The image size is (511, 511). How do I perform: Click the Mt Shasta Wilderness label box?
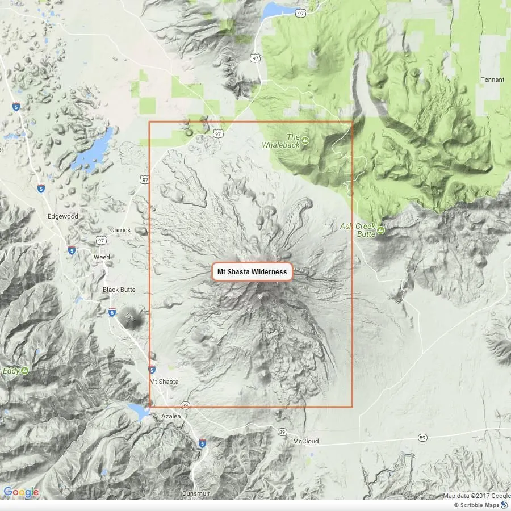tap(252, 272)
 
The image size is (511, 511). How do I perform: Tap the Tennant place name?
tap(492, 79)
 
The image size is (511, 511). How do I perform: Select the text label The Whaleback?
tap(280, 141)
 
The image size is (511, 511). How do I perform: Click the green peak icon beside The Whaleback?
tap(305, 140)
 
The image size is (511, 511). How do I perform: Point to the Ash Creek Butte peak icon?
tap(380, 230)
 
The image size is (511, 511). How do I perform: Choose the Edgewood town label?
tap(62, 216)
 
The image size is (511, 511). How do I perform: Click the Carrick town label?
tap(120, 230)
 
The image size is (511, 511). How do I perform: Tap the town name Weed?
tap(102, 257)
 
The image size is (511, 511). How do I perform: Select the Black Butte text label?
tap(119, 290)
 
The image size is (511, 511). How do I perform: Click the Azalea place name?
tap(170, 416)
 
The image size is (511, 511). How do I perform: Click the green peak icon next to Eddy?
tap(24, 371)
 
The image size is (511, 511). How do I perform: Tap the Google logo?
tap(21, 492)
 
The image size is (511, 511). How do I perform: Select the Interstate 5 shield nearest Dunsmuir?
tap(202, 443)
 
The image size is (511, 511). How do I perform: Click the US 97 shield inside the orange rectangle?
tap(218, 133)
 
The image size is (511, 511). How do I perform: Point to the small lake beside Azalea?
tap(139, 411)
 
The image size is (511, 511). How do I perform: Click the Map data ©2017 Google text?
tap(476, 496)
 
